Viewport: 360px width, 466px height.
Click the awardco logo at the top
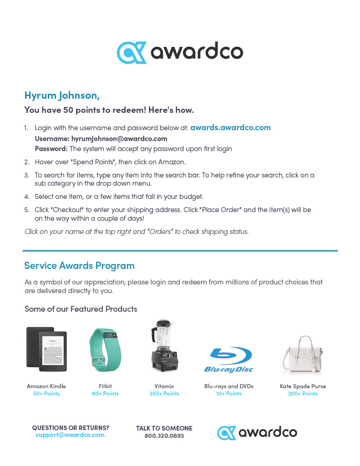pyautogui.click(x=180, y=52)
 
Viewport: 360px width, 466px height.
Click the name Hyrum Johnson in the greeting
pyautogui.click(x=61, y=96)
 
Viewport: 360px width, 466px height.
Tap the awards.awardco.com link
pyautogui.click(x=230, y=127)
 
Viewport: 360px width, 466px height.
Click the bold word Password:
pyautogui.click(x=51, y=149)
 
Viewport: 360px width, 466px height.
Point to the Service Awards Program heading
pyautogui.click(x=79, y=266)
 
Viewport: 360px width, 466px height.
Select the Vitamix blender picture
pyautogui.click(x=164, y=345)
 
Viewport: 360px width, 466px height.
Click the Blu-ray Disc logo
pyautogui.click(x=229, y=360)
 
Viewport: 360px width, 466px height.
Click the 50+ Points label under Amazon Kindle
pyautogui.click(x=46, y=394)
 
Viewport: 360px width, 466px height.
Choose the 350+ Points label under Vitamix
pyautogui.click(x=164, y=394)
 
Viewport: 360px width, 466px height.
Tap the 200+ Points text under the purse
pyautogui.click(x=303, y=394)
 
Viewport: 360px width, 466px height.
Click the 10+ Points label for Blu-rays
pyautogui.click(x=228, y=394)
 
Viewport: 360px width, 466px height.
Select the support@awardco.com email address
pyautogui.click(x=70, y=435)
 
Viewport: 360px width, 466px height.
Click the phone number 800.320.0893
pyautogui.click(x=164, y=436)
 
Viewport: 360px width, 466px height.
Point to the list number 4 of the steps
pyautogui.click(x=26, y=197)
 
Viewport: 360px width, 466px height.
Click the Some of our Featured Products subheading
pyautogui.click(x=81, y=309)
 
